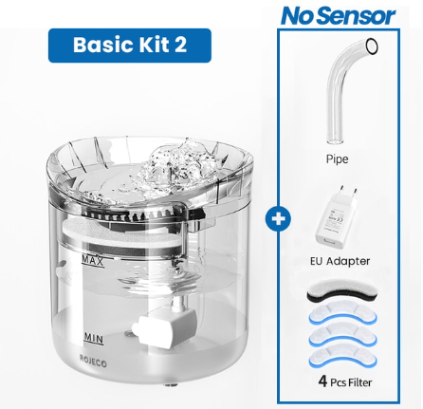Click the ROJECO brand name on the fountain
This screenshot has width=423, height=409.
[95, 361]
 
